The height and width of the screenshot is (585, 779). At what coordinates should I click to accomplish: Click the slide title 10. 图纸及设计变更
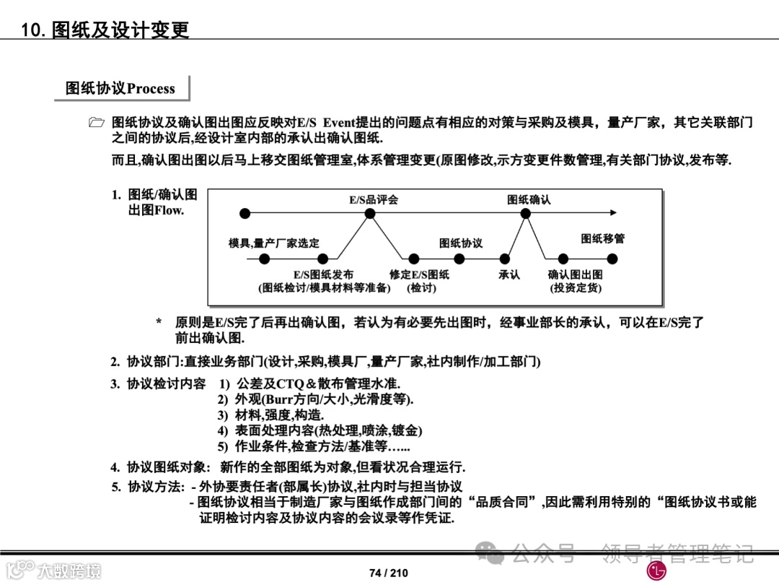[105, 30]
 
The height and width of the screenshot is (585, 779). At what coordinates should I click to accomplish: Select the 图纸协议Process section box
[120, 88]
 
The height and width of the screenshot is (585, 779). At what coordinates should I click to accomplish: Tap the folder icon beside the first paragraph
[97, 123]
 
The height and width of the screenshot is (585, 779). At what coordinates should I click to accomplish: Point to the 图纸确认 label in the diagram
[529, 199]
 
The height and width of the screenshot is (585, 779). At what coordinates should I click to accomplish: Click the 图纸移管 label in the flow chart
[603, 238]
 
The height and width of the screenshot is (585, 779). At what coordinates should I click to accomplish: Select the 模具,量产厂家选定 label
[274, 243]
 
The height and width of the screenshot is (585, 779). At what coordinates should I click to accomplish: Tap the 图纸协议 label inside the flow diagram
[461, 243]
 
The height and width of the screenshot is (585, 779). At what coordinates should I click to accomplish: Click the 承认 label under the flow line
[509, 274]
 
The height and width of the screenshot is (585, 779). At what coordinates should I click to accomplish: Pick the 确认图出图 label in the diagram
[576, 274]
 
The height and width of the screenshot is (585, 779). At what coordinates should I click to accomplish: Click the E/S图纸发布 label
[323, 274]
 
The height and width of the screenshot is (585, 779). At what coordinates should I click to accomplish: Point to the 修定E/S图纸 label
[419, 274]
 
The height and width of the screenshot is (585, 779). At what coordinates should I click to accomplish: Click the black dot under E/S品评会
[370, 213]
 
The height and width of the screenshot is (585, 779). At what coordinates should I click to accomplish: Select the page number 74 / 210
[389, 573]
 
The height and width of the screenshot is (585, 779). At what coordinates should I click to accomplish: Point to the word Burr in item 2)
[280, 399]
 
